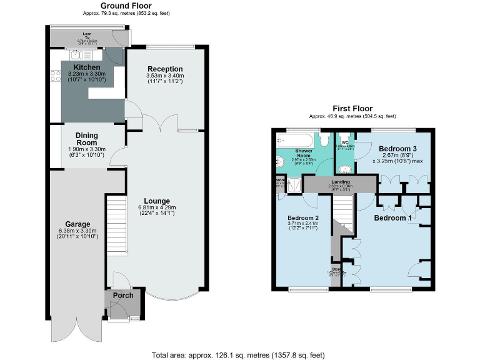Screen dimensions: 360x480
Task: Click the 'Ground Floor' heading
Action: click(126, 6)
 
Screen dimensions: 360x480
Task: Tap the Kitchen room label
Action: click(87, 67)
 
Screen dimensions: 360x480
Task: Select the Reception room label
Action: click(165, 69)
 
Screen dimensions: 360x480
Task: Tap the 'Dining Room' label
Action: click(87, 138)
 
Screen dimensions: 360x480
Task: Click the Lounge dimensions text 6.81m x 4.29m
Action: click(157, 207)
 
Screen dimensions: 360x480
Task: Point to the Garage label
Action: click(79, 224)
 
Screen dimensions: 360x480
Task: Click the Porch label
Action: click(123, 295)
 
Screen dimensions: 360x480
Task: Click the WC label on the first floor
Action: click(344, 142)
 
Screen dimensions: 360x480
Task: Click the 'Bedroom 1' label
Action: click(392, 218)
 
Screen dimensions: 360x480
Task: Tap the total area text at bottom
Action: click(237, 354)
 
